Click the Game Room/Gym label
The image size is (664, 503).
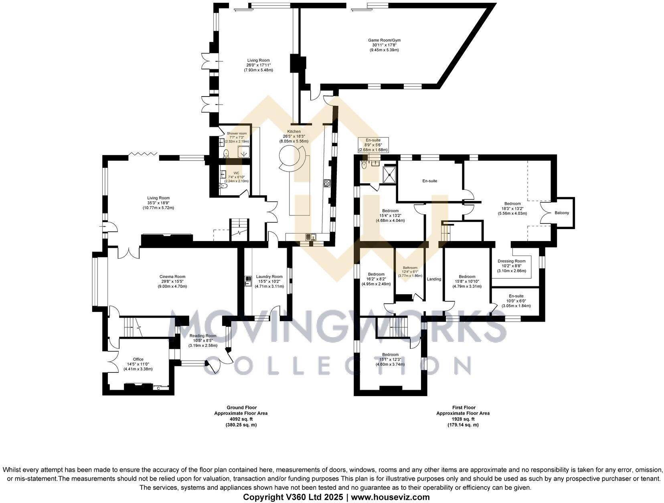coord(384,40)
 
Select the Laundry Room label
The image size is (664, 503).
coord(269,276)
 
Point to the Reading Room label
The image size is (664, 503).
coord(203,336)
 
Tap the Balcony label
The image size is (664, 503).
coord(561,213)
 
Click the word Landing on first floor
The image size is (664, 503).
coord(434,279)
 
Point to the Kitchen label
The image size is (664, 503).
coord(294,131)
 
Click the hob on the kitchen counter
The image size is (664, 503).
coord(327,183)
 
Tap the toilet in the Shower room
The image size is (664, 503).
coord(226,153)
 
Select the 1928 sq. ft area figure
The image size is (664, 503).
coord(463,419)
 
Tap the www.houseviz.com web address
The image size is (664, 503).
coord(391,497)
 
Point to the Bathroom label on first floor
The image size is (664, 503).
coord(410,268)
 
